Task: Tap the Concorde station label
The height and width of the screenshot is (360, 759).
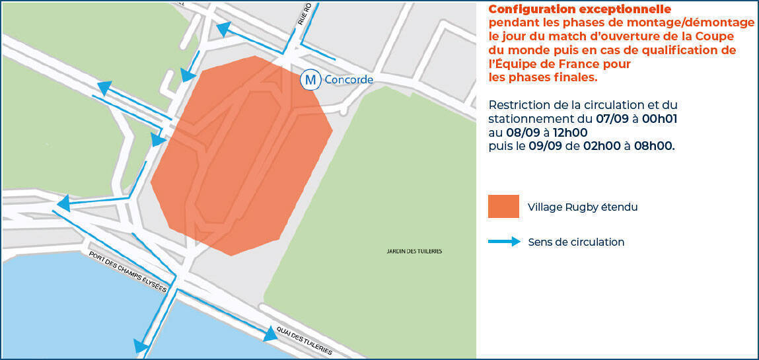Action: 349,80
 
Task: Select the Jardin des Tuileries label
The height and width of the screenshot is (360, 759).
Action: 414,251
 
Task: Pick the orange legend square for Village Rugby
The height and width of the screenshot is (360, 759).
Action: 503,207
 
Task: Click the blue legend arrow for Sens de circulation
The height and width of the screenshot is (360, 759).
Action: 504,242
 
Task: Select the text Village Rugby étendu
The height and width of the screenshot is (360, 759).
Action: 583,207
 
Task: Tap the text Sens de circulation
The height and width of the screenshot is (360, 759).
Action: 576,242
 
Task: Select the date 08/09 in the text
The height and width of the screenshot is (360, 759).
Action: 521,133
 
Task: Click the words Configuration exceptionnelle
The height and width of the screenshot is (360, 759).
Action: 579,9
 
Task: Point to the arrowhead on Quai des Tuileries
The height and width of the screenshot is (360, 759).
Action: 270,335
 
